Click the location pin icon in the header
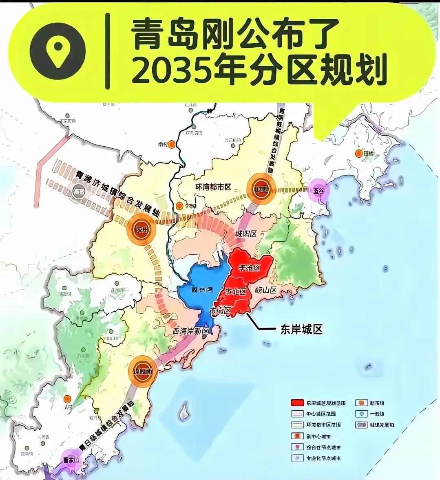point(58,51)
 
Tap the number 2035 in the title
point(170,72)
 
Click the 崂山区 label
point(266,290)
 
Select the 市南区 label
point(221,311)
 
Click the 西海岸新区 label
point(190,331)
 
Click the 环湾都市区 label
point(213,187)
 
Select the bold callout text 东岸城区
point(302,329)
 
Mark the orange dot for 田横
point(358,153)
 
